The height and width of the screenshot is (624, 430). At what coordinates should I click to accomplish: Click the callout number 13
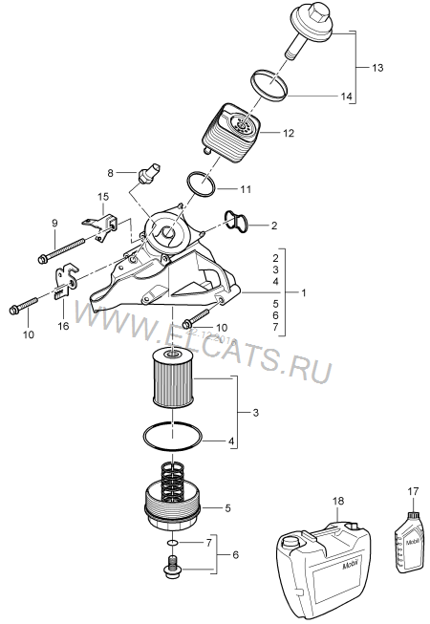[377, 68]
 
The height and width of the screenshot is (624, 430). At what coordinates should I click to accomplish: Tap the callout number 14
[346, 97]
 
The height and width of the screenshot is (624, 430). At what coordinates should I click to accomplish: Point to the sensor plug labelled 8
[149, 174]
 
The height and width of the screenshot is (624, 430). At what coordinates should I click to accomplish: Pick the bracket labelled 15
[101, 226]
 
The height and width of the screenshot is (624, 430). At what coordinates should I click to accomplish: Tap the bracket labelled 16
[66, 281]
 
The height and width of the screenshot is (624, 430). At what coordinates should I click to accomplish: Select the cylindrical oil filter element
[173, 377]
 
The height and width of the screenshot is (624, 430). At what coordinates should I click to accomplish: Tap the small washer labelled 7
[172, 543]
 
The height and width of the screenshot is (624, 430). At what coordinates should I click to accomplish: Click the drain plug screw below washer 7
[172, 566]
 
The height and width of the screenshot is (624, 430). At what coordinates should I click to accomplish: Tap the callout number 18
[338, 501]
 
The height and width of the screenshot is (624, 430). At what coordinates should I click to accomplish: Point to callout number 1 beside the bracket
[304, 293]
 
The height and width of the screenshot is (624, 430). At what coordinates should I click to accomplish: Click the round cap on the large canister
[291, 542]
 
